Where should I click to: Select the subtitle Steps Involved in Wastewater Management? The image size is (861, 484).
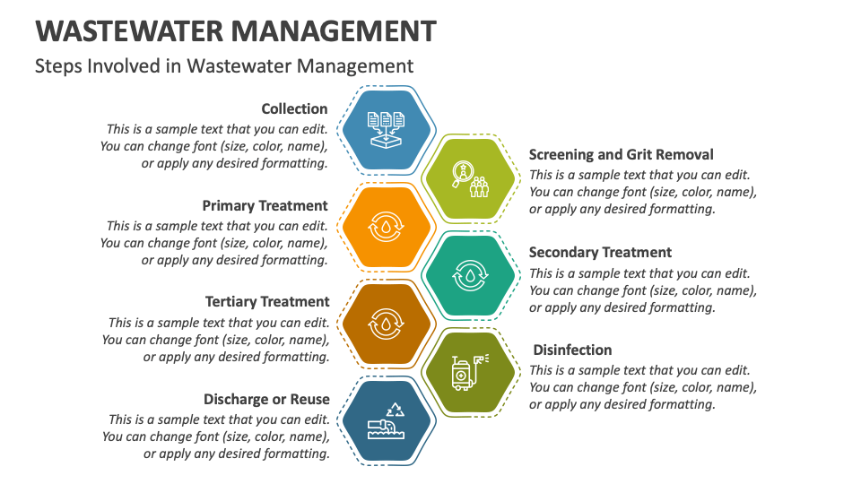coord(224,65)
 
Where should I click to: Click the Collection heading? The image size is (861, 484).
coord(294,108)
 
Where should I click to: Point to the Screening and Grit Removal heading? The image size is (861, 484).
coord(621,155)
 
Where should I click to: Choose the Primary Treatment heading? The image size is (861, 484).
coord(265,205)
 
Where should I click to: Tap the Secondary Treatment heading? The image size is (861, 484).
coord(600,253)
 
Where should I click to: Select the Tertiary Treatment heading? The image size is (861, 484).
coord(267,302)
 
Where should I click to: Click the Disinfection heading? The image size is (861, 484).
coord(572,350)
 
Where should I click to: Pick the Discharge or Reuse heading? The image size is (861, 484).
coord(266,399)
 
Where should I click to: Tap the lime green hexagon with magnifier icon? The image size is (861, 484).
coord(470,179)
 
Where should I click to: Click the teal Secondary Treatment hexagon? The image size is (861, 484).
coord(470,276)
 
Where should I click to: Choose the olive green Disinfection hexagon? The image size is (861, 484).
coord(470,371)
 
